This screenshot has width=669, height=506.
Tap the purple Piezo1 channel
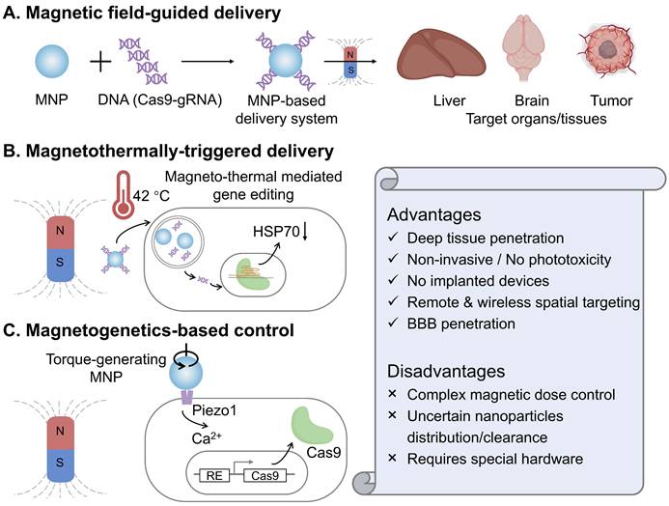click(x=183, y=395)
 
